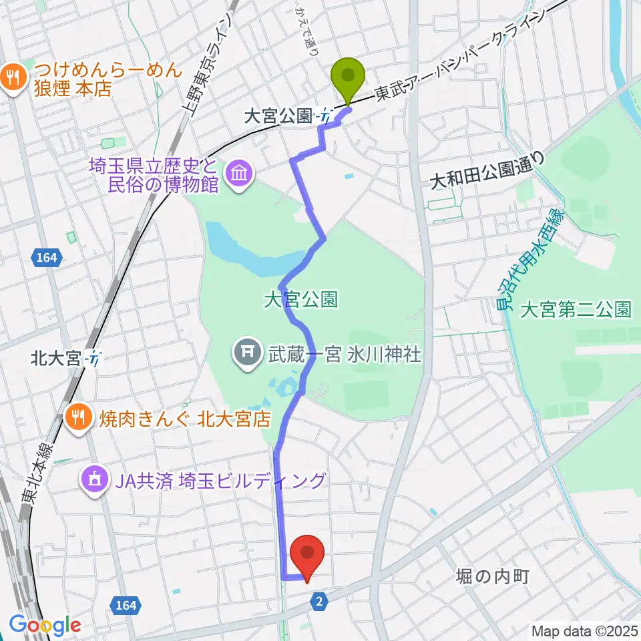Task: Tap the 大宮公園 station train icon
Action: point(325,116)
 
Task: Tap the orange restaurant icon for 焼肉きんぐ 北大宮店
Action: point(79,419)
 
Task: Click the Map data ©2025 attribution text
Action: point(585,631)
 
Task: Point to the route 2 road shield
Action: point(320,602)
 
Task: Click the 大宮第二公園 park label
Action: point(576,309)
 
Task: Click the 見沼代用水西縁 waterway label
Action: point(531,260)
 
